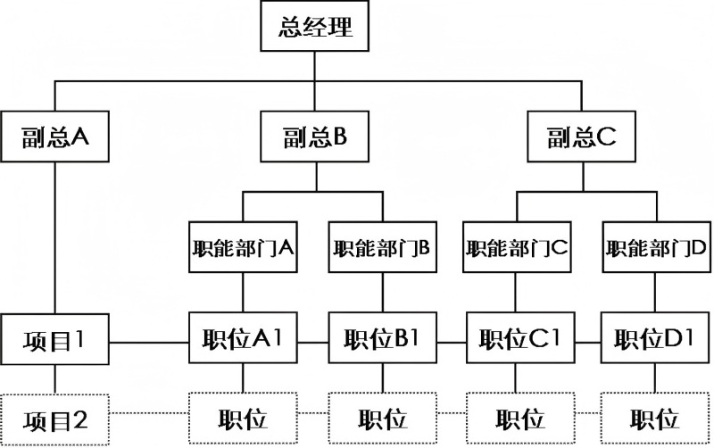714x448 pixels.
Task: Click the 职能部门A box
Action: (244, 247)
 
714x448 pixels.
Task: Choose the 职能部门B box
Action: (382, 247)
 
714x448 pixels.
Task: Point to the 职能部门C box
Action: (517, 247)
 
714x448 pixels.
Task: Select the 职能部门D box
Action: (657, 247)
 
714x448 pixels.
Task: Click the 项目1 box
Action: (55, 339)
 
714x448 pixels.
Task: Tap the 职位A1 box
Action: (244, 339)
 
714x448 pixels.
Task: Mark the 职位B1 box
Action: (382, 339)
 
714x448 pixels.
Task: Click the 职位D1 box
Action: (657, 339)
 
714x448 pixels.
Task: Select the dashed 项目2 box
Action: (55, 418)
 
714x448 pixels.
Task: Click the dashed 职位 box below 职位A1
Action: (244, 418)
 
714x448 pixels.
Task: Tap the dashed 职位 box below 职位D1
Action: (657, 418)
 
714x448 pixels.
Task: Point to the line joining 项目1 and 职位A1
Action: (150, 340)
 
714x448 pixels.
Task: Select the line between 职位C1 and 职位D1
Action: (587, 340)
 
